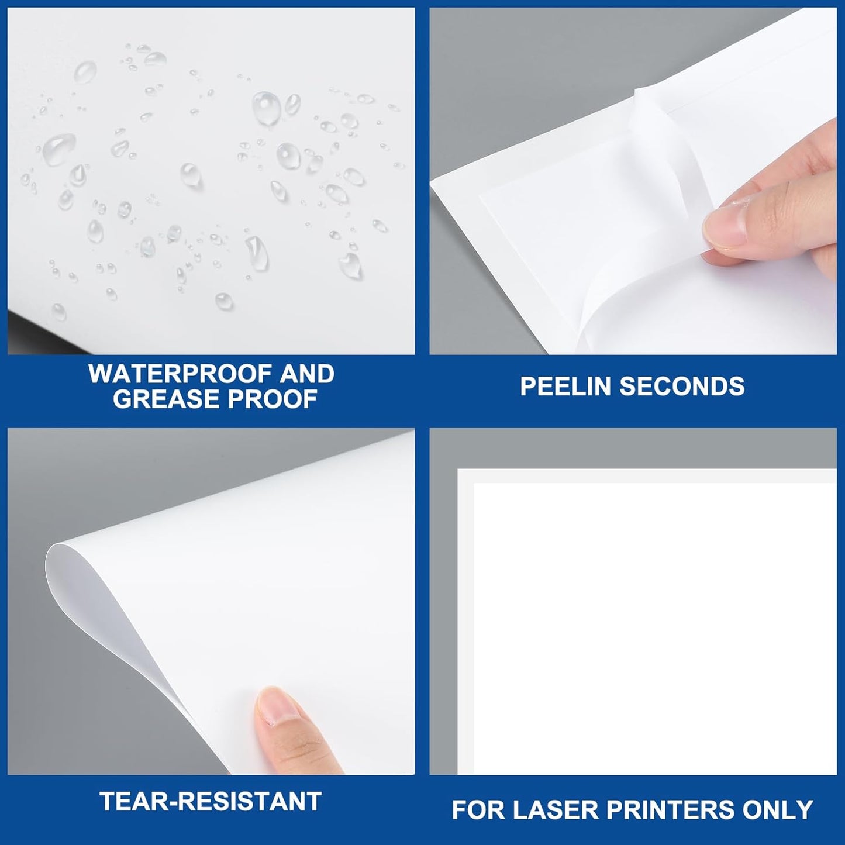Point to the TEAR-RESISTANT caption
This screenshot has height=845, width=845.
click(x=211, y=801)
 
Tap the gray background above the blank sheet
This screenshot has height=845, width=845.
click(x=632, y=447)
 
